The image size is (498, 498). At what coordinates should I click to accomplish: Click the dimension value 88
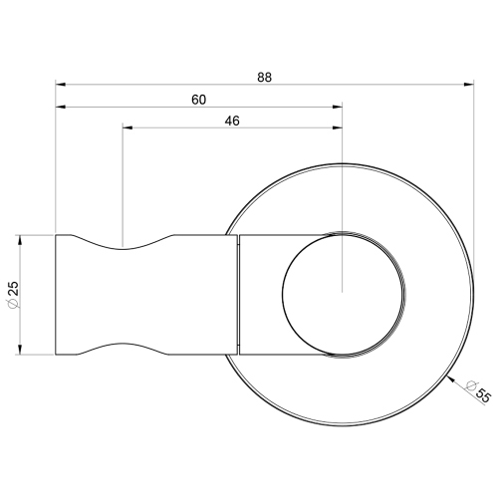pyautogui.click(x=264, y=75)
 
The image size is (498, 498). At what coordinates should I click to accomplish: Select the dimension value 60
pyautogui.click(x=198, y=99)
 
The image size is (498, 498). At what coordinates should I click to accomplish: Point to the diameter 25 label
pyautogui.click(x=11, y=294)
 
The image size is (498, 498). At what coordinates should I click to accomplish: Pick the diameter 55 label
pyautogui.click(x=481, y=392)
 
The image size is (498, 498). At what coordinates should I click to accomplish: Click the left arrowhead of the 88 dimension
pyautogui.click(x=61, y=85)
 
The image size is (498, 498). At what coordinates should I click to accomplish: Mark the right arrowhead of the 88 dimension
pyautogui.click(x=467, y=85)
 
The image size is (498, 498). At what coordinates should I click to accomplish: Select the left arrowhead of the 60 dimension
pyautogui.click(x=61, y=108)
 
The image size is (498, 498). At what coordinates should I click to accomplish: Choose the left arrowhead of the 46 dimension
pyautogui.click(x=127, y=127)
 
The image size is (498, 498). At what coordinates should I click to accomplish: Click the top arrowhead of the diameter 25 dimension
pyautogui.click(x=22, y=240)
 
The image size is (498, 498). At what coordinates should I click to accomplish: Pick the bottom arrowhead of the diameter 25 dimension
pyautogui.click(x=22, y=350)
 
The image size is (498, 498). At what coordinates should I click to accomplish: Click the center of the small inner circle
pyautogui.click(x=343, y=293)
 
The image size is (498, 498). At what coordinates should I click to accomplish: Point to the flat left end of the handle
pyautogui.click(x=56, y=295)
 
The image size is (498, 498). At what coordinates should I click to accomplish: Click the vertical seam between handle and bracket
pyautogui.click(x=239, y=295)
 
